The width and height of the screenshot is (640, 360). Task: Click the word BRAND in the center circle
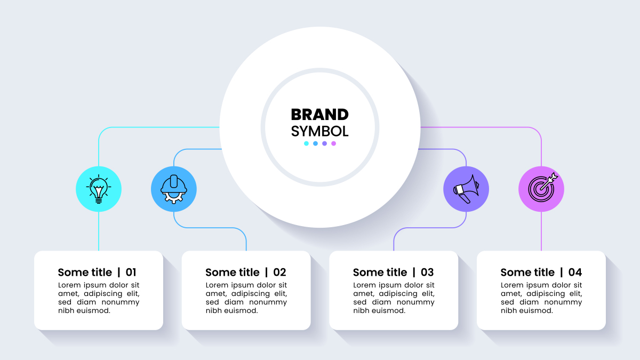point(319,115)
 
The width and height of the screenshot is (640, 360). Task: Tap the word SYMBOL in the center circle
point(319,131)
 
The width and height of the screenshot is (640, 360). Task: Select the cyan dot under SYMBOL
point(306,143)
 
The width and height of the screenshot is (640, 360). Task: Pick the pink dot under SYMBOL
point(333,143)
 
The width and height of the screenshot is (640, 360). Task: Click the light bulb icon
point(99,189)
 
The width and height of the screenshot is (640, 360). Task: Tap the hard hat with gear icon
point(174,189)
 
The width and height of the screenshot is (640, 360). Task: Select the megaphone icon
point(466,189)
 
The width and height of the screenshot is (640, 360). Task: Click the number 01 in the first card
point(131,273)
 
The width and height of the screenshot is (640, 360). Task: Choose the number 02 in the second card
point(279,273)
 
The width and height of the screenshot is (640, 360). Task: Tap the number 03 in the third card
point(427,273)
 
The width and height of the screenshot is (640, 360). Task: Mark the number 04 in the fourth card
point(575,273)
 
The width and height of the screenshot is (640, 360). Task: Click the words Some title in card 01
point(85,273)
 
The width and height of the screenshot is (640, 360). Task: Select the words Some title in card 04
point(527,273)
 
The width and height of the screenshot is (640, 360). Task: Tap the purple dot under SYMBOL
point(325,143)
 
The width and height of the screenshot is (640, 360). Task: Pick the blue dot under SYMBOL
point(315,143)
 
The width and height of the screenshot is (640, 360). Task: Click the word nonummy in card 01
point(121,302)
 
